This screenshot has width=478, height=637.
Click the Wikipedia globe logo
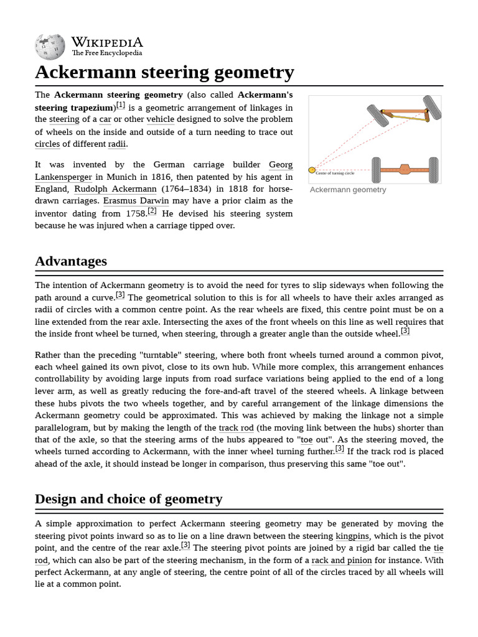[50, 46]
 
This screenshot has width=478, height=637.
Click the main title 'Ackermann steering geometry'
[164, 73]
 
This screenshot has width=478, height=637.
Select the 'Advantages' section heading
[71, 261]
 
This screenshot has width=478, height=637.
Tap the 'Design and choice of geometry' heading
[128, 499]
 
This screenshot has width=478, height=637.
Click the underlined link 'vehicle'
[160, 119]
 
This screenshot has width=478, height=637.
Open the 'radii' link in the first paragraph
[116, 144]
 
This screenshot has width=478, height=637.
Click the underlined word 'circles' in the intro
[47, 144]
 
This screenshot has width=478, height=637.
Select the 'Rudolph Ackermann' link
[115, 189]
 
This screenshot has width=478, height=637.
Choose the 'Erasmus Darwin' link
[136, 202]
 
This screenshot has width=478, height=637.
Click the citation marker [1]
[120, 105]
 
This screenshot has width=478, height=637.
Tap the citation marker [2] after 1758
[152, 212]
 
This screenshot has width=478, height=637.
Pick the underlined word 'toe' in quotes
[306, 440]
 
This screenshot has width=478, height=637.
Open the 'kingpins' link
[352, 536]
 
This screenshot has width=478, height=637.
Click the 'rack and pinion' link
[341, 560]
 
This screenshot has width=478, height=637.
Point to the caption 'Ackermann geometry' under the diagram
[348, 190]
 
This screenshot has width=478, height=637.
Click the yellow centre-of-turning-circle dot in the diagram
[312, 170]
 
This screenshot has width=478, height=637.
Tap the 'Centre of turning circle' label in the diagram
[335, 173]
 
